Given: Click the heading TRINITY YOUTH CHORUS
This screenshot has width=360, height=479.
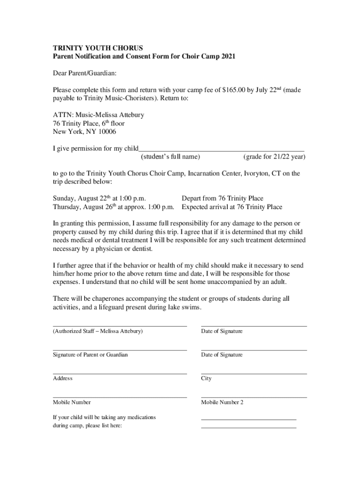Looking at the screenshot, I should click(98, 48).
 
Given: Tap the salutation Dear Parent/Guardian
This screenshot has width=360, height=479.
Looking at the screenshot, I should click(85, 73).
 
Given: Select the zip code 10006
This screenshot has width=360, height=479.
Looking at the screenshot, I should click(107, 132).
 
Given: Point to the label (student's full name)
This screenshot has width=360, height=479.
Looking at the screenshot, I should click(170, 157).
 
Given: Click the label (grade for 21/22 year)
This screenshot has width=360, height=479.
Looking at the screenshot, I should click(274, 157).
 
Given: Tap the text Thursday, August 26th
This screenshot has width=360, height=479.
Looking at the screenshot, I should click(84, 207).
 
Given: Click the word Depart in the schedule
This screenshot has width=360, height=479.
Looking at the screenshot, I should click(192, 198).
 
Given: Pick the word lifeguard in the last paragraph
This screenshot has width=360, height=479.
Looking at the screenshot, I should click(135, 307).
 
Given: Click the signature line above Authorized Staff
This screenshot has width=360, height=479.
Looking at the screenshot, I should click(120, 326).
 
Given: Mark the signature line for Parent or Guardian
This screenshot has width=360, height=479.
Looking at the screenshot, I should click(120, 349).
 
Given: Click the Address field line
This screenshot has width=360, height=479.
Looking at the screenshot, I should click(120, 373).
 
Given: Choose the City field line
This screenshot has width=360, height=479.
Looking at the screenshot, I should click(254, 373).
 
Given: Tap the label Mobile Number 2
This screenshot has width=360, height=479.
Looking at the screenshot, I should click(222, 402).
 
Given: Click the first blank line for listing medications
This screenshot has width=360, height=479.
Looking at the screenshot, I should click(249, 419).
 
